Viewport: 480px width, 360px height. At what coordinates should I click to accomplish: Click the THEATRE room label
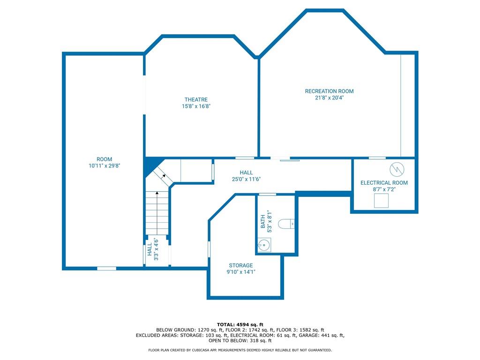196,99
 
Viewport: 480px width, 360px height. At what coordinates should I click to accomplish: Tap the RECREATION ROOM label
329,91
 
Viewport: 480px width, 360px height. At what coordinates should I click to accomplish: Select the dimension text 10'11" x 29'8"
105,165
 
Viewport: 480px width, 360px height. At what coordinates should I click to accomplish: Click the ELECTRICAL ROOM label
384,183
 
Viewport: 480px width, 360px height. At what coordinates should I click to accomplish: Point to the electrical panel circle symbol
397,169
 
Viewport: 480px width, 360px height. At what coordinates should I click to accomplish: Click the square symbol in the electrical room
382,201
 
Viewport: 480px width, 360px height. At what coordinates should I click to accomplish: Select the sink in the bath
263,245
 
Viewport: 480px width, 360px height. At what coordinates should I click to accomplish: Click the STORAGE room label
241,265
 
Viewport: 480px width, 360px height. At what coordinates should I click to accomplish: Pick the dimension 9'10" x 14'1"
241,272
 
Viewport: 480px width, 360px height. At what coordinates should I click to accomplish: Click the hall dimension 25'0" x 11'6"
246,179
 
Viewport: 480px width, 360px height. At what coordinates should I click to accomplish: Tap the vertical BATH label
263,221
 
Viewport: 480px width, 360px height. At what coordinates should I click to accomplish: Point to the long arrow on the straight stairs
157,213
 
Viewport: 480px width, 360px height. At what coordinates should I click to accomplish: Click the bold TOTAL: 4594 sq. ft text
240,324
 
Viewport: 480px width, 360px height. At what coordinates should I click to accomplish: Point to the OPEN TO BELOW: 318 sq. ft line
240,340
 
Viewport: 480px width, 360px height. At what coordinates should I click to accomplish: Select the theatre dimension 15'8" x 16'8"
196,106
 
